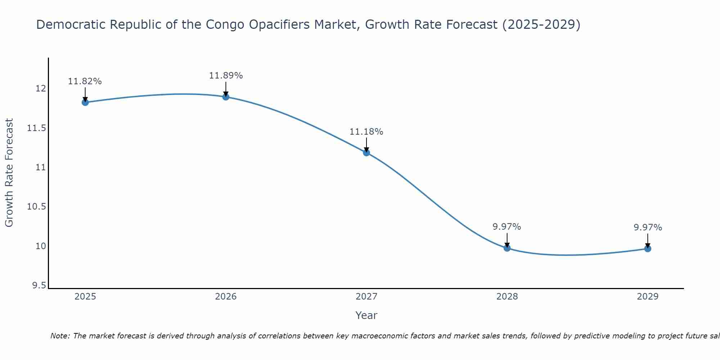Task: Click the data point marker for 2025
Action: [85, 102]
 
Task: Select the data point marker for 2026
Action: [226, 96]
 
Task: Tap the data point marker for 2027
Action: [366, 153]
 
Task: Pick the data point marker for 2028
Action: [507, 248]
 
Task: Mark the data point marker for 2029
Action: [648, 248]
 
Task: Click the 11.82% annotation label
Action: [85, 81]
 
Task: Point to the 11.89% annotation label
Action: [226, 76]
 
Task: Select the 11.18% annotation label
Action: [366, 132]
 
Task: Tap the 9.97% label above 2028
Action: [507, 227]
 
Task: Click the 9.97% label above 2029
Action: [648, 228]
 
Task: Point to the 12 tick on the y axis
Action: [41, 89]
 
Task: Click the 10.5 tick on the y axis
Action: [37, 207]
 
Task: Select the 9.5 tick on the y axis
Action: [39, 285]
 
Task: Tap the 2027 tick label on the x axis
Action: [366, 297]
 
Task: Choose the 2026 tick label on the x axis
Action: [226, 297]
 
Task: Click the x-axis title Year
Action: [366, 315]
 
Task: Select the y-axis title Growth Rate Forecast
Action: [9, 173]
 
